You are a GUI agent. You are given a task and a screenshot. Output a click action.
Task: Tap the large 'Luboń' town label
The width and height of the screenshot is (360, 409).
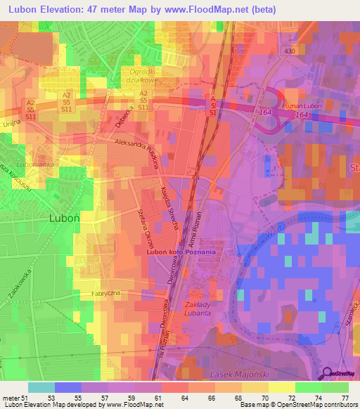[x=67, y=219]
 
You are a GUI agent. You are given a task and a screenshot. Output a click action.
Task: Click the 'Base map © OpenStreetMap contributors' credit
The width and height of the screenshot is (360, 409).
[x=296, y=405]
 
